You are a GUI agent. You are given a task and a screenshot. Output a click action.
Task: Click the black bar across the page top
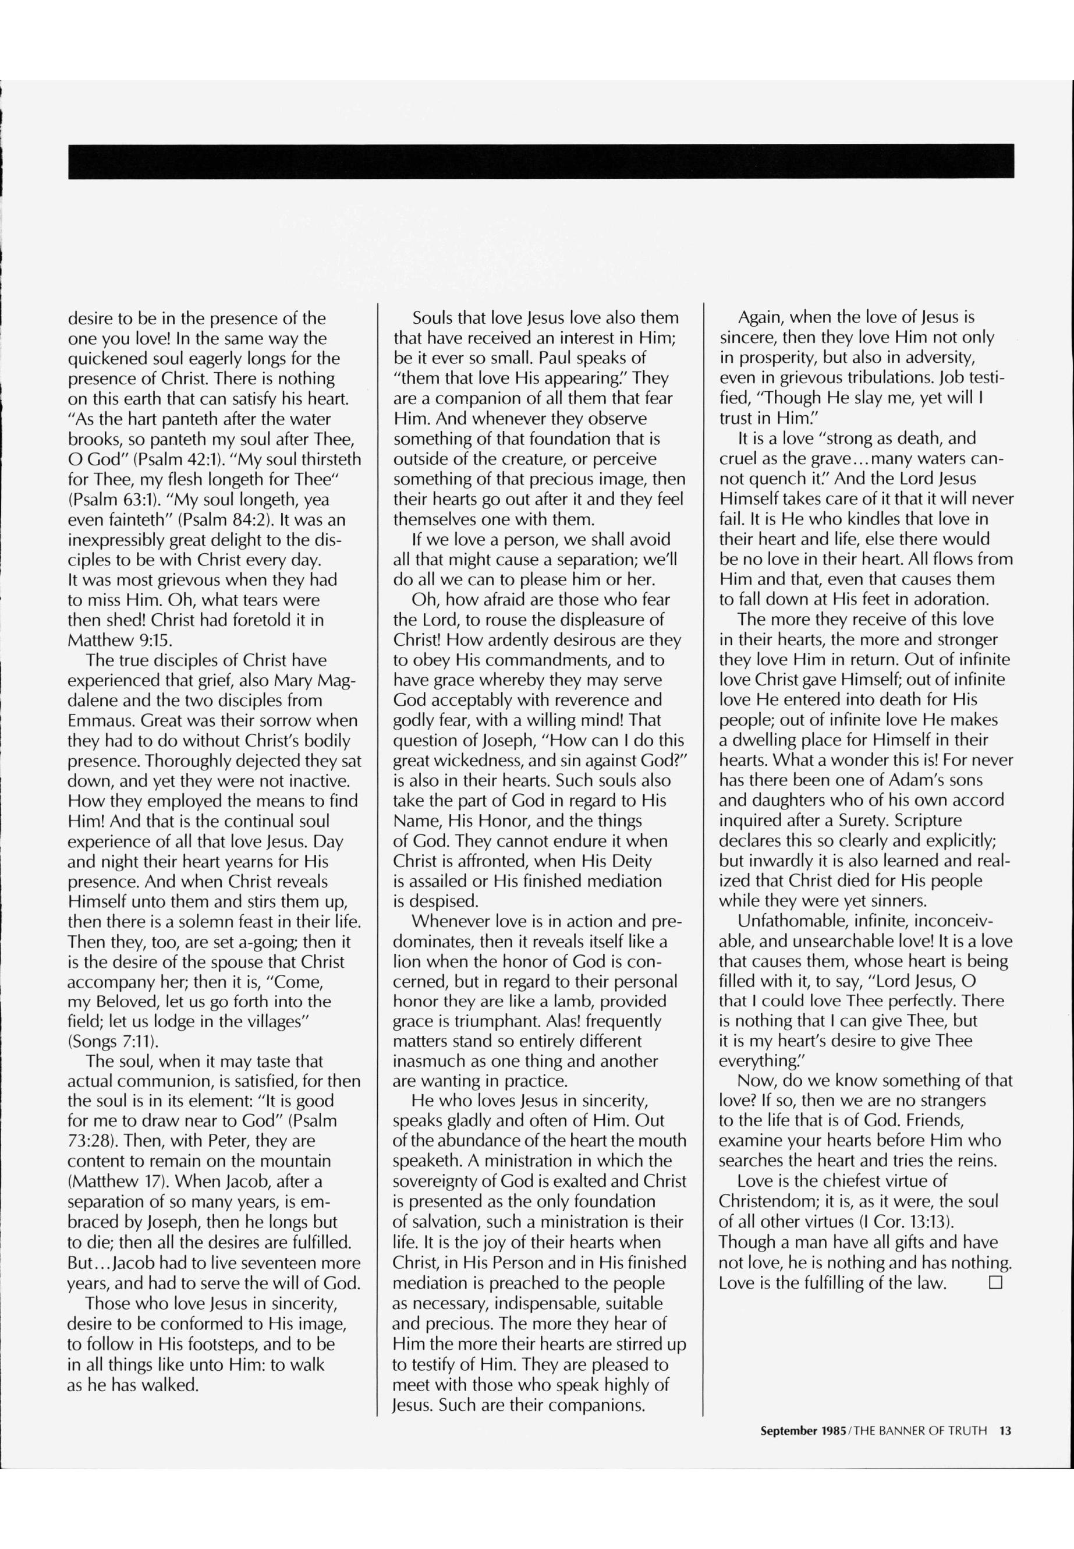(540, 161)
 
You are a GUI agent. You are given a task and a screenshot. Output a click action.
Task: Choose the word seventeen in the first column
(266, 1262)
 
